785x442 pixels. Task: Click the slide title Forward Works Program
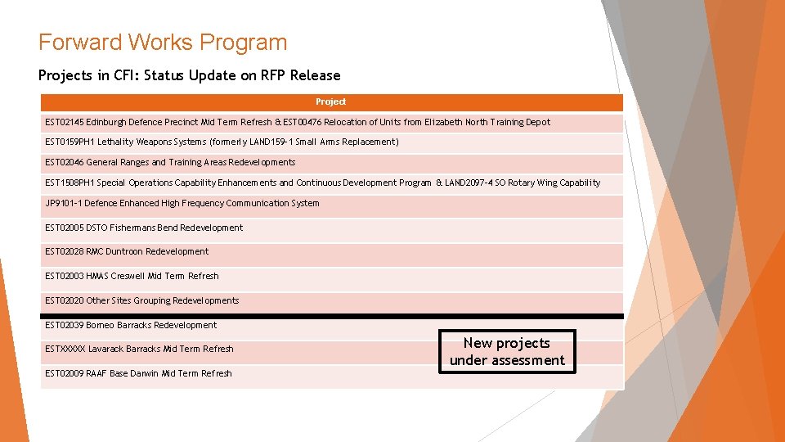[x=163, y=43]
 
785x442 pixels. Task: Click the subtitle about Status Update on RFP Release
[x=189, y=75]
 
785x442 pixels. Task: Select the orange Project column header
[x=331, y=102]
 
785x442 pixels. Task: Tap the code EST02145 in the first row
[x=65, y=123]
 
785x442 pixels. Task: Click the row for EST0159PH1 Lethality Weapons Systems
[x=222, y=142]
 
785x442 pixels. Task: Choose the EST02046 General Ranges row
[x=170, y=163]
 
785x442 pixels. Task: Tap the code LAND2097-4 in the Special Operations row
[x=469, y=183]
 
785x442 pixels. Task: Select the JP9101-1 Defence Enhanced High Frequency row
[x=182, y=204]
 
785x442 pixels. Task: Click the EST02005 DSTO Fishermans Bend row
[x=144, y=228]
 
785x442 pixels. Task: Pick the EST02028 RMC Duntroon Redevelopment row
[x=127, y=252]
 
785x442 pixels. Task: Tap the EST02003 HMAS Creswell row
[x=132, y=277]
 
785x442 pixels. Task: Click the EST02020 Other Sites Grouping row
[x=142, y=301]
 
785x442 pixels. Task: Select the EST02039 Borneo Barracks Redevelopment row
[x=131, y=326]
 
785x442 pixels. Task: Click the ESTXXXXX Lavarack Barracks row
[x=139, y=350]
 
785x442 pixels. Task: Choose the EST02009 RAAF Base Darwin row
[x=138, y=374]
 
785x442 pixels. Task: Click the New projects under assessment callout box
[x=507, y=352]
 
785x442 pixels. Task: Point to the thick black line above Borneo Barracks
[x=331, y=315]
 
